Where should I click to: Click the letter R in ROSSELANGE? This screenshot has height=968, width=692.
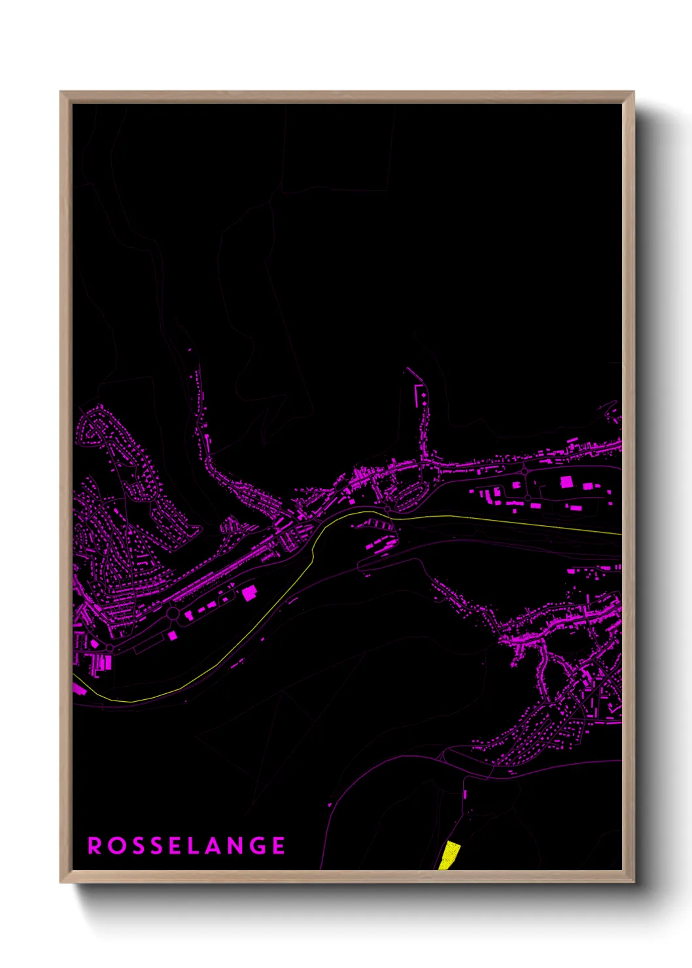[x=94, y=846]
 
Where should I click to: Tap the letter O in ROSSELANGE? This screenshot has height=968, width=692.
[x=115, y=846]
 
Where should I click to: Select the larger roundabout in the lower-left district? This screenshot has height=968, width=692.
[x=173, y=614]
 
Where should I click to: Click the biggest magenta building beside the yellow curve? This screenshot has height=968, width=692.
[x=250, y=593]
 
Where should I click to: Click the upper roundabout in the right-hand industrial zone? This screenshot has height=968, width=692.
[x=525, y=471]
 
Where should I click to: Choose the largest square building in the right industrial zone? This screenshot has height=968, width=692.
[x=566, y=482]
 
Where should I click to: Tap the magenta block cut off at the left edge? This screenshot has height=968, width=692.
[x=78, y=688]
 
